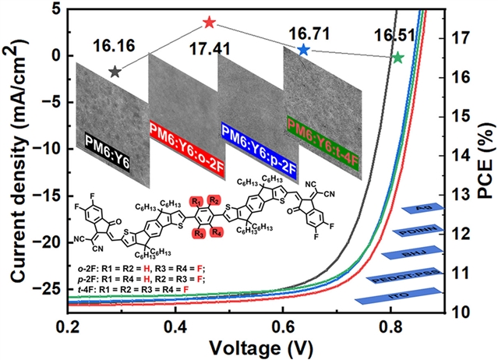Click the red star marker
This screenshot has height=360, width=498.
[x=208, y=23]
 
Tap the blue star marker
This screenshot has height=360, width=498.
[x=303, y=50]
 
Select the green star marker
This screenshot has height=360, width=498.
[x=398, y=58]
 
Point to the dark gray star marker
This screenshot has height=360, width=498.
[x=115, y=72]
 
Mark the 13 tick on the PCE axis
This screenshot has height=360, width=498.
[x=459, y=195]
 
